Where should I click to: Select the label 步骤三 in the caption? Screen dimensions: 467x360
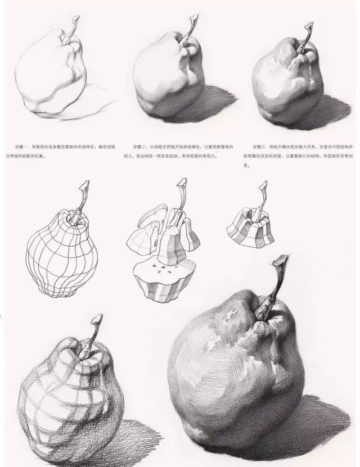click(260, 146)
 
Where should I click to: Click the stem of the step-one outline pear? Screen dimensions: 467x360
click(72, 31)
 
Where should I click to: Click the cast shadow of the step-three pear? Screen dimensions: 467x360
click(326, 112)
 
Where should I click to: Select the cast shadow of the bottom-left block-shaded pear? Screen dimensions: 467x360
click(135, 441)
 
